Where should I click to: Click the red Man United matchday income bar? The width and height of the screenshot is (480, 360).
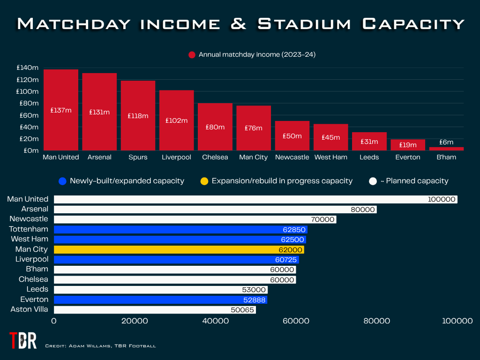(x=61, y=110)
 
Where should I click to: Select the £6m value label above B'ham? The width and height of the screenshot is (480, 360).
(x=446, y=142)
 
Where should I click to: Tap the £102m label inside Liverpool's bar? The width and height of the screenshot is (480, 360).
(x=176, y=120)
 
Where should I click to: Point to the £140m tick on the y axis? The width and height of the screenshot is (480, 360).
(x=28, y=67)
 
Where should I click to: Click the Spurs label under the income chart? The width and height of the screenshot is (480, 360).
(x=138, y=157)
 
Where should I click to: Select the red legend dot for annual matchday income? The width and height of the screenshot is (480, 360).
(x=192, y=55)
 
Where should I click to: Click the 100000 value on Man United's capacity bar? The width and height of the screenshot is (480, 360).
(x=442, y=200)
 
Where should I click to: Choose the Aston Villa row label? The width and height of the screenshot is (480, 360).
(x=29, y=309)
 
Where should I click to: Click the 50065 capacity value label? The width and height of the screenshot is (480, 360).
(x=242, y=310)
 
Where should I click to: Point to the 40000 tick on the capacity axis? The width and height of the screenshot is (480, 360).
(x=215, y=321)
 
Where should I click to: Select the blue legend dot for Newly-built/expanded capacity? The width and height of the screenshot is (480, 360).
(x=62, y=181)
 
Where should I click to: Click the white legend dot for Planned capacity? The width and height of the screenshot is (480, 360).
(x=373, y=181)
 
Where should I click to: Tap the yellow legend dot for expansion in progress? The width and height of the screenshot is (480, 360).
(x=204, y=181)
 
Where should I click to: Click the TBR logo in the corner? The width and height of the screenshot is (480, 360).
(x=22, y=340)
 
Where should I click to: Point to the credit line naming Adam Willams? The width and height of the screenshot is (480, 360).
(x=100, y=346)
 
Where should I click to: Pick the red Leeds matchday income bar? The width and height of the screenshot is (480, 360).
(x=369, y=141)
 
